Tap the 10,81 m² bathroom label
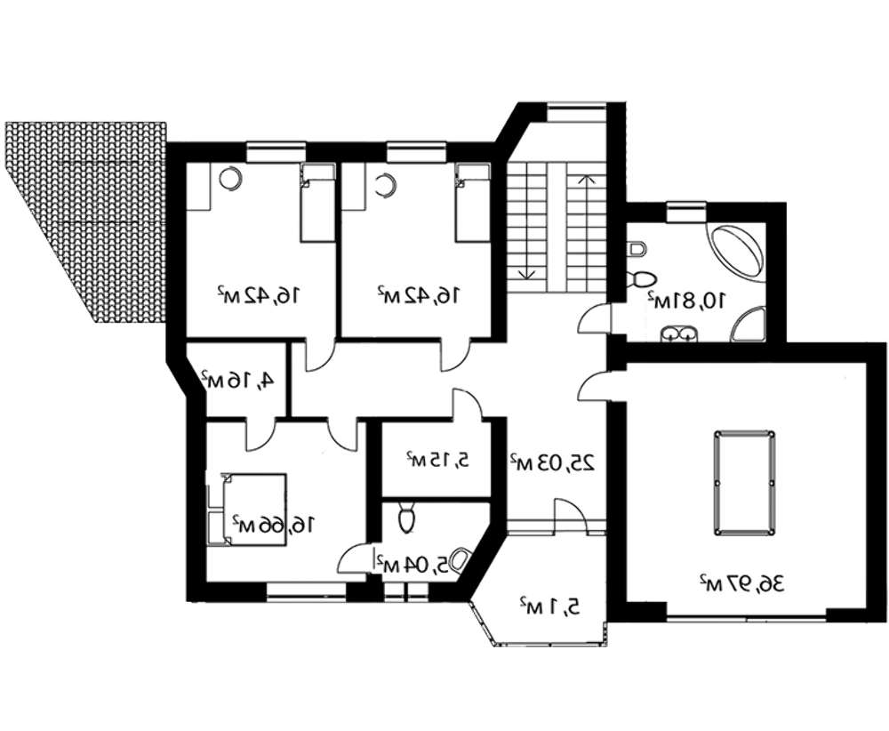tap(686, 300)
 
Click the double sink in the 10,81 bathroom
tap(678, 334)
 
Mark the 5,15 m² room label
tap(437, 460)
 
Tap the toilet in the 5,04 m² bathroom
tap(406, 517)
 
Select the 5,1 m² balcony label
tap(549, 606)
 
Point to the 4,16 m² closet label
tap(236, 379)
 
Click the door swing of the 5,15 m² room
tap(466, 404)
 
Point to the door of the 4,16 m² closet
tap(260, 434)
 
